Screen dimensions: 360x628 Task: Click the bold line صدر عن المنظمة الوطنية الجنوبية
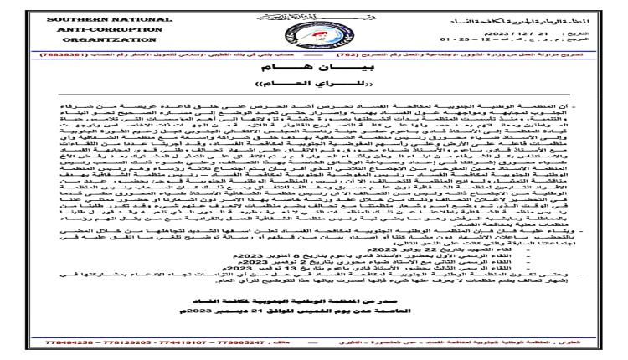[x=315, y=321]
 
